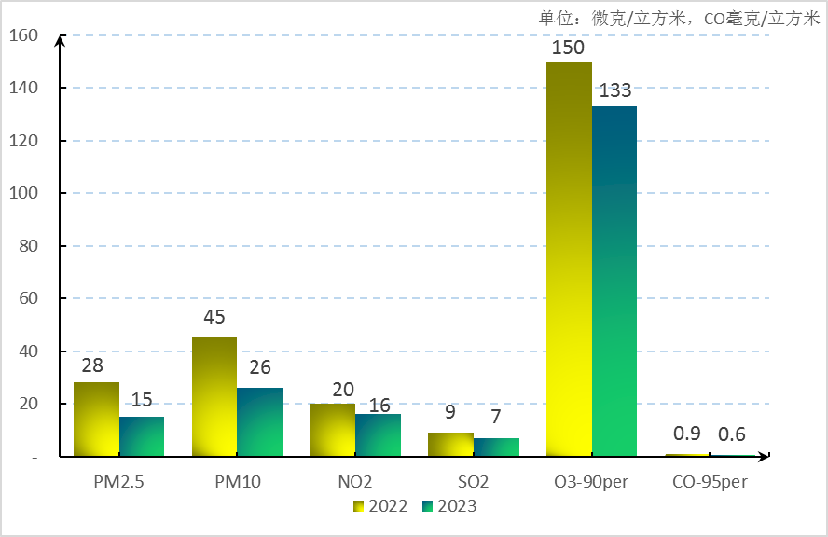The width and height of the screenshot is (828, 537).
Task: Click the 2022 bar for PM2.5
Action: point(96,420)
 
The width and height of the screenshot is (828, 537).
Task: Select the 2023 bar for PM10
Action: point(259,422)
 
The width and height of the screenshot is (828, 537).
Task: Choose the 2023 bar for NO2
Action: point(378,435)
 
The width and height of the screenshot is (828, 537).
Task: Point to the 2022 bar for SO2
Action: point(450,445)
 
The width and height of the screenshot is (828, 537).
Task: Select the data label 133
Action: point(615,91)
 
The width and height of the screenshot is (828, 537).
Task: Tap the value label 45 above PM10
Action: point(214,318)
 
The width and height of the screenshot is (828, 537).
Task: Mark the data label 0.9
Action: point(687,434)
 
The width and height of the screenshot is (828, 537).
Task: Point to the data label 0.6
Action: point(732,434)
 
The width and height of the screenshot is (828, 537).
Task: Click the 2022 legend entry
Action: point(379,505)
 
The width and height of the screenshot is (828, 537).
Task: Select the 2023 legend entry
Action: point(448,505)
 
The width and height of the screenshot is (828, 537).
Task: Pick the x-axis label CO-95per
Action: point(710,483)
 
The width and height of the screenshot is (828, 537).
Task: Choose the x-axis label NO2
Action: point(355,483)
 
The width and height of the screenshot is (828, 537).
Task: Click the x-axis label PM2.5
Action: point(118,483)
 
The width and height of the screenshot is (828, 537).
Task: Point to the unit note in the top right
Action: point(679,17)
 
